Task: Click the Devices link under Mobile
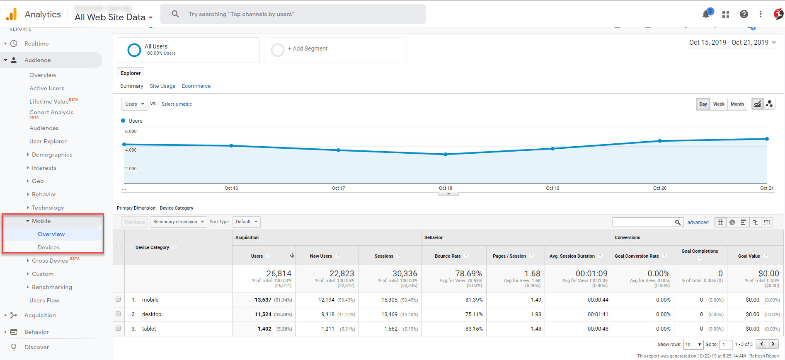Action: click(48, 247)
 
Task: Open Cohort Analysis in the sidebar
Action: click(51, 112)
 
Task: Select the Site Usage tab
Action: click(162, 86)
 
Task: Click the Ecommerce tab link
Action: click(196, 86)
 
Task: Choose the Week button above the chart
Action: click(719, 104)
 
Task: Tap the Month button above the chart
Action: click(737, 104)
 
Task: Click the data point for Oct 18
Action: click(446, 154)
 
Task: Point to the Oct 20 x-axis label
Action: click(659, 188)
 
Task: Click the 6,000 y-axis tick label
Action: click(131, 131)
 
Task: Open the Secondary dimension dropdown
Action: click(178, 222)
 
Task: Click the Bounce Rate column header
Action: click(448, 256)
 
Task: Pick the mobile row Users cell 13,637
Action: click(263, 300)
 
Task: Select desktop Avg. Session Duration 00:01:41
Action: click(598, 314)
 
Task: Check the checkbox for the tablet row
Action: click(118, 328)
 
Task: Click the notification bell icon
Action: click(706, 14)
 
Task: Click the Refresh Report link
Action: click(764, 356)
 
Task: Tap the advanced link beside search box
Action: click(698, 222)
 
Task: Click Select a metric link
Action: click(177, 104)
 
